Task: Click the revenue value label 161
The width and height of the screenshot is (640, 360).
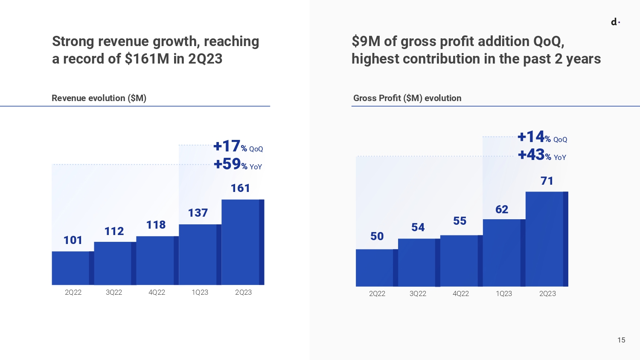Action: coord(240,188)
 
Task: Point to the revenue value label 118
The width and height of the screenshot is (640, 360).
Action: coord(156,225)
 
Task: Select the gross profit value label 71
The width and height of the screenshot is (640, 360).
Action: coord(547,181)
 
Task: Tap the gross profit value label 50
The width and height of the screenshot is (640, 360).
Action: coord(377,236)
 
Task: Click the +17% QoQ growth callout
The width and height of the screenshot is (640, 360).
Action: coord(238,146)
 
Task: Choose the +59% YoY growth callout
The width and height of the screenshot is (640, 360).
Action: coord(238,164)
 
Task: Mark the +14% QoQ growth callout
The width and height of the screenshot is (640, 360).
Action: coord(542,137)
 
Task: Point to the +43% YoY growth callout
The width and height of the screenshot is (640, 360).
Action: coord(542,155)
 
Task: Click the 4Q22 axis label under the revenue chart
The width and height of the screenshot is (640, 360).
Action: coord(157,292)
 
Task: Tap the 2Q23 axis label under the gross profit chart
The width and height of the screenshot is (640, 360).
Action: coord(547,293)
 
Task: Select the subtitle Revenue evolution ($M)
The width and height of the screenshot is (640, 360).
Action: coord(99,98)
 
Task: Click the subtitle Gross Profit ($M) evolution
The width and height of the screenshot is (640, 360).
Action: coord(407,98)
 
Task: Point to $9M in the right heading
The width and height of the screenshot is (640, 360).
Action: coord(366,41)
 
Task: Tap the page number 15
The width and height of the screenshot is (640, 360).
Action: coord(621,340)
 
